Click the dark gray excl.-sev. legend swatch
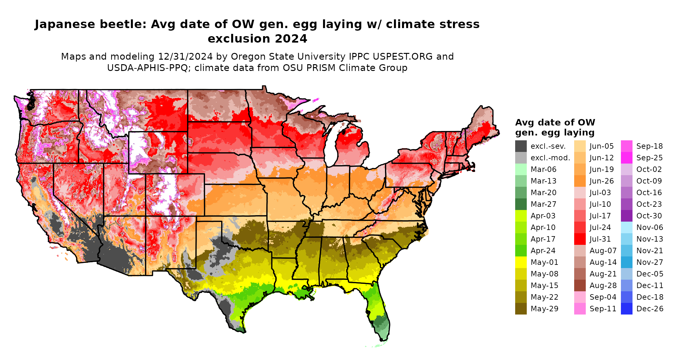521,146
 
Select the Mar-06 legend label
543,169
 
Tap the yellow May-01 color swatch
521,262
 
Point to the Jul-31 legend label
600,239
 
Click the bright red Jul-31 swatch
580,239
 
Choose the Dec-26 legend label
650,309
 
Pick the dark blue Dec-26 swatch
626,309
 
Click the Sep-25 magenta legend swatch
626,158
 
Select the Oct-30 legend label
649,216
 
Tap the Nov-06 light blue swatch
626,227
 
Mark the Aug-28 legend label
603,285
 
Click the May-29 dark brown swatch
521,309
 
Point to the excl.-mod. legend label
550,158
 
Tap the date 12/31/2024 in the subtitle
185,57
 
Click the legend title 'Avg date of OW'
555,123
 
